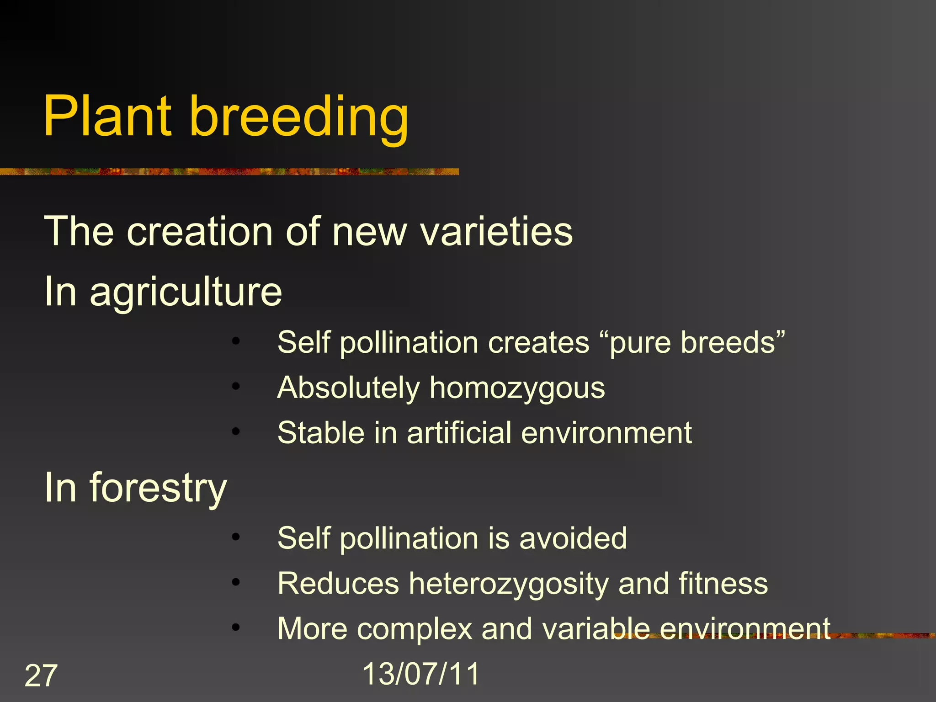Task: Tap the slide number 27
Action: pyautogui.click(x=41, y=675)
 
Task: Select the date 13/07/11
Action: pyautogui.click(x=421, y=674)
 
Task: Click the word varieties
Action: pyautogui.click(x=496, y=232)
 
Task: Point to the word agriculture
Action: pyautogui.click(x=186, y=292)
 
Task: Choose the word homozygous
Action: pyautogui.click(x=517, y=388)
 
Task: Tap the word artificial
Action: pyautogui.click(x=459, y=433)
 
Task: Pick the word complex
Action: pyautogui.click(x=415, y=629)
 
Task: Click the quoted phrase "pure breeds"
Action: pyautogui.click(x=692, y=342)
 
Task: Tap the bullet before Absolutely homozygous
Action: pyautogui.click(x=236, y=387)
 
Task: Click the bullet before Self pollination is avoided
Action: pyautogui.click(x=236, y=537)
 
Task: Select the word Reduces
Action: pyautogui.click(x=338, y=584)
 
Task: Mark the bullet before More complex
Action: pyautogui.click(x=236, y=628)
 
